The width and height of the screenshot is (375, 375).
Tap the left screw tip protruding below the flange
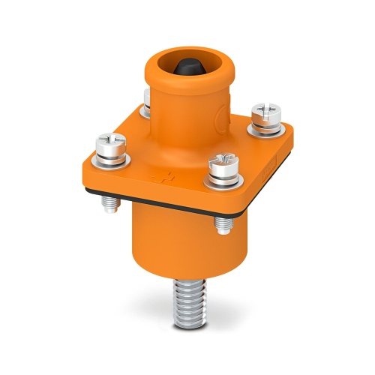pos(111,201)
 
